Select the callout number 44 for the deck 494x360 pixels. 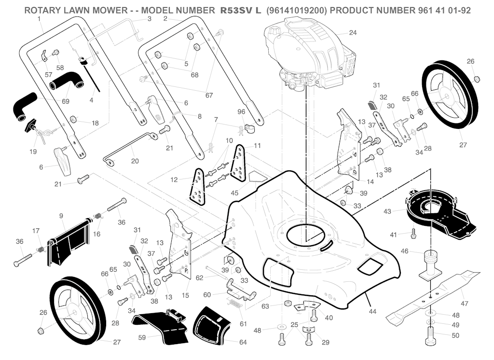coord(372,312)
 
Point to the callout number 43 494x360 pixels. coord(387,211)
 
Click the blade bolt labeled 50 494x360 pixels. coord(431,335)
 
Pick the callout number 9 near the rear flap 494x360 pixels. coord(62,215)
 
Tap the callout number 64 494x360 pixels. coord(243,342)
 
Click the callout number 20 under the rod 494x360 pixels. coord(135,162)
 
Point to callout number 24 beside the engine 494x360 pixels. coord(353,33)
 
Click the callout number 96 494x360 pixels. coord(241,112)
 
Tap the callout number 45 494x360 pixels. coord(234,193)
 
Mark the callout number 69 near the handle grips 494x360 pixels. coord(66,101)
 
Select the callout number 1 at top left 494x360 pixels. coord(38,18)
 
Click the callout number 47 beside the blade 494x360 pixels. coord(465,304)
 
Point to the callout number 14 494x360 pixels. coord(370,182)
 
